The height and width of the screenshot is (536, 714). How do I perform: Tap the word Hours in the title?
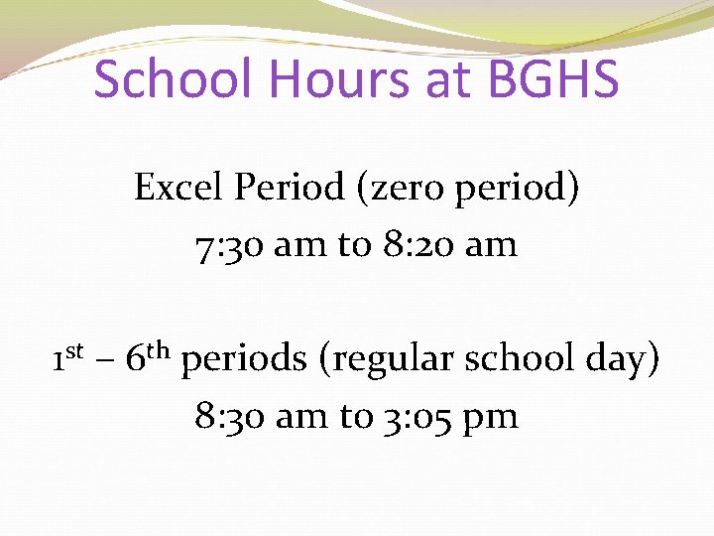[332, 79]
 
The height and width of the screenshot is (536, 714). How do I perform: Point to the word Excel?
[176, 187]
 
